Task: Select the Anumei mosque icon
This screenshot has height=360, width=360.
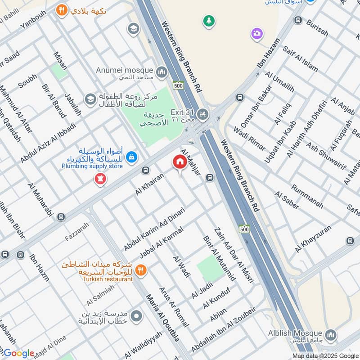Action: (162, 71)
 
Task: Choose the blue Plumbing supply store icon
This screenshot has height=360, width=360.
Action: (132, 157)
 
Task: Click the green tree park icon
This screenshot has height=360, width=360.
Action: (208, 20)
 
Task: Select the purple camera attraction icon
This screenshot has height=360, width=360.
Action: (257, 33)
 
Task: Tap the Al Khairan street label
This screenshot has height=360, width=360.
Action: (150, 185)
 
